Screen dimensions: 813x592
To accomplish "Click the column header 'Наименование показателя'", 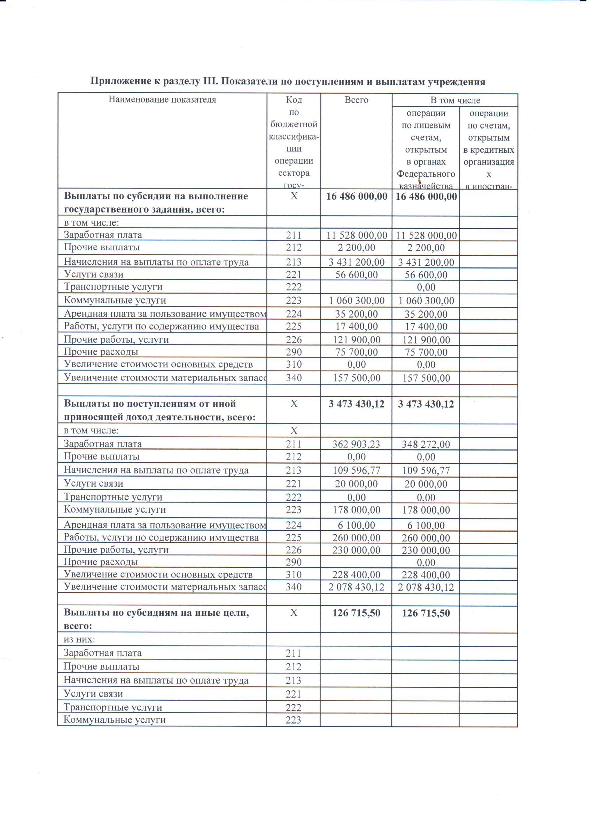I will click(162, 99).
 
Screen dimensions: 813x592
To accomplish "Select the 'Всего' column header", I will click(356, 99).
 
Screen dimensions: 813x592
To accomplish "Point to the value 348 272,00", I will click(426, 444).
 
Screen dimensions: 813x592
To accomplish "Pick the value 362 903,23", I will click(356, 444).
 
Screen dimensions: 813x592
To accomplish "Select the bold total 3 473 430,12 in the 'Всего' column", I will click(356, 404).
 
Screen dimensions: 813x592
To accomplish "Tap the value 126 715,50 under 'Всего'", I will click(356, 613).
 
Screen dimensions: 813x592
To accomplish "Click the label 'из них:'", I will click(79, 639).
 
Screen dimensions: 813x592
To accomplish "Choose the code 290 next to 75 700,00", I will click(294, 352).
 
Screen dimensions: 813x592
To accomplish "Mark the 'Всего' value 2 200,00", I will click(356, 247).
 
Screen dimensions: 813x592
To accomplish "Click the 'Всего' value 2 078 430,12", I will click(356, 587).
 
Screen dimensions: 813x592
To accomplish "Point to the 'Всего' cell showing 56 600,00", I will click(356, 274).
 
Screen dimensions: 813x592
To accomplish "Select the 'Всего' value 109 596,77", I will click(356, 470).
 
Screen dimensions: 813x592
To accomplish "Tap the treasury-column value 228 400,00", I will click(426, 575).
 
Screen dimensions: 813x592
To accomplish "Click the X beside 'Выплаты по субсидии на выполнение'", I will click(294, 196).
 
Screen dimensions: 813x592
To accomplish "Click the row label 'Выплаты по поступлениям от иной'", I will click(150, 404).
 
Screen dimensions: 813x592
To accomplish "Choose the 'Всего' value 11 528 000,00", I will click(356, 235).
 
